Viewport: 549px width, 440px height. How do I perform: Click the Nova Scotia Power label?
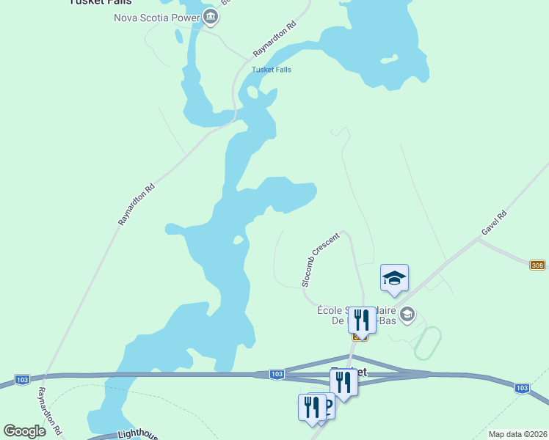156,18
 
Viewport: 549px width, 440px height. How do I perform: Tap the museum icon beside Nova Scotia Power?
211,17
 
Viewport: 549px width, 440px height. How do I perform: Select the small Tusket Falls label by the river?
272,70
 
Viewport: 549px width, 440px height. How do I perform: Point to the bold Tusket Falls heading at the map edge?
101,2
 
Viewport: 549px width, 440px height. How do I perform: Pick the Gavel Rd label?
494,223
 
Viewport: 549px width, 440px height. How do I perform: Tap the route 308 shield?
538,265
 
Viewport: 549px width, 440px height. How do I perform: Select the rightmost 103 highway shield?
522,388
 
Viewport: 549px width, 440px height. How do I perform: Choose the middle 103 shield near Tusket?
276,374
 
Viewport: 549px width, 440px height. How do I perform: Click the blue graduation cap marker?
394,279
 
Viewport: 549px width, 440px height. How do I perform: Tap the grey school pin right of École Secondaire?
407,315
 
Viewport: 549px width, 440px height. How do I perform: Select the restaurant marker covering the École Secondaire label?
361,320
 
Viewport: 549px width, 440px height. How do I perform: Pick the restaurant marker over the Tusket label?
343,381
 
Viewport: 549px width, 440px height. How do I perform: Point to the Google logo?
25,431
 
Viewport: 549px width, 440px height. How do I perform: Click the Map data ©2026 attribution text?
517,434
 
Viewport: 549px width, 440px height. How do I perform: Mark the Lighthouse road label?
137,435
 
